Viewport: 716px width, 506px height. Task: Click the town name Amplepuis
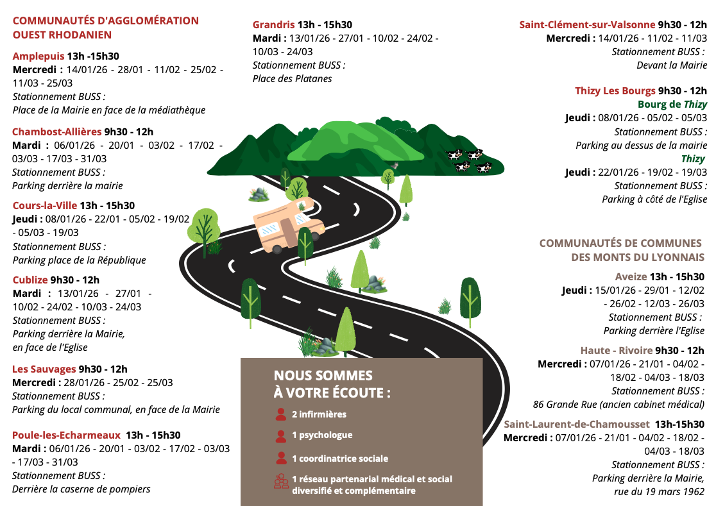38,56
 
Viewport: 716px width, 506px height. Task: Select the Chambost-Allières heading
56,131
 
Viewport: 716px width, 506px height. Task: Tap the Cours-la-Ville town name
45,206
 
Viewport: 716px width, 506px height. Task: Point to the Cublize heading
30,280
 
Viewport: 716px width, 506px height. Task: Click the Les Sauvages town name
44,369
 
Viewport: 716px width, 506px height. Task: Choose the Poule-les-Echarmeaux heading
66,435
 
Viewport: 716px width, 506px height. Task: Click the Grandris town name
274,24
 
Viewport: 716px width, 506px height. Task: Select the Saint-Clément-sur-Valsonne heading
587,24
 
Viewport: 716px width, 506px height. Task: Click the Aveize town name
631,277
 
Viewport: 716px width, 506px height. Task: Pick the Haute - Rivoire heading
616,350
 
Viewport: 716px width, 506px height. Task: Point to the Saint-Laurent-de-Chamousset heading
576,424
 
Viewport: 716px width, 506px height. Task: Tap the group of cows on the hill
468,160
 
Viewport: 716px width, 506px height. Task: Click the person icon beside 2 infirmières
280,414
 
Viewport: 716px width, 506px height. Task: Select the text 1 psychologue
322,435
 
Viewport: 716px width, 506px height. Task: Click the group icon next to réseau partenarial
281,482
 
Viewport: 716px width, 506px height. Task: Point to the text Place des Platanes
293,78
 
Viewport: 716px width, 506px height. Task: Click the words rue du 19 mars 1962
660,491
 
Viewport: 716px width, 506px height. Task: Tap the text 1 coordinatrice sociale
340,459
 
